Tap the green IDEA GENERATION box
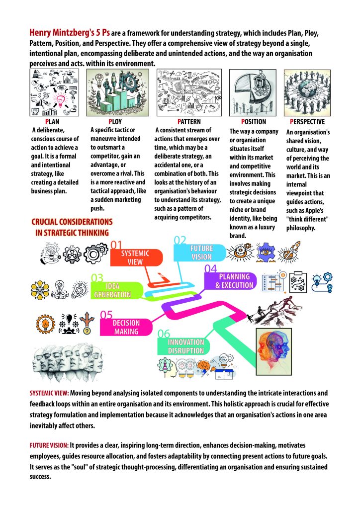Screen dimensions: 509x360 [x=112, y=290]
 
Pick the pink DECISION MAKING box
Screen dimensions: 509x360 [x=126, y=327]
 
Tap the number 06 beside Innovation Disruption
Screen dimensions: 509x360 [x=165, y=334]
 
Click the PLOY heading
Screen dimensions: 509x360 [x=115, y=121]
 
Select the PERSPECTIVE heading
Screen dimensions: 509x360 [x=307, y=121]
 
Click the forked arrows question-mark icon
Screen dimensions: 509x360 [x=88, y=323]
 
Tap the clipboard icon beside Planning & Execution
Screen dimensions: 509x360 [x=300, y=281]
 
